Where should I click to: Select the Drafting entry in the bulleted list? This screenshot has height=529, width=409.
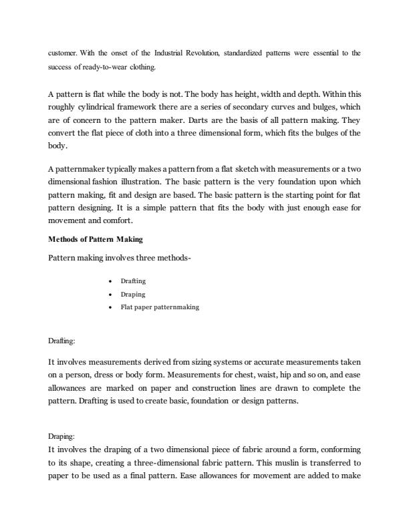(x=133, y=281)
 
